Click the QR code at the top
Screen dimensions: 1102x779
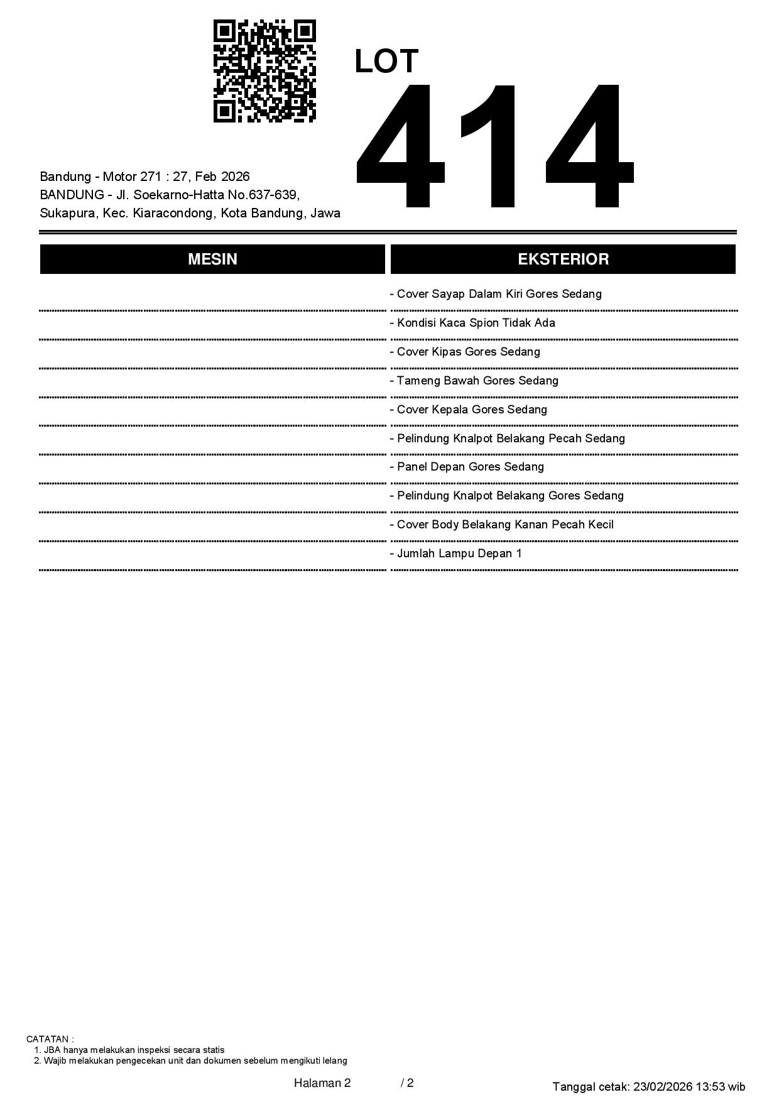[x=264, y=71]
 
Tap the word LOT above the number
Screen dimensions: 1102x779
[x=386, y=62]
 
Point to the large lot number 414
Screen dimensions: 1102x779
[x=494, y=146]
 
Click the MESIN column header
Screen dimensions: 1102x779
[x=212, y=259]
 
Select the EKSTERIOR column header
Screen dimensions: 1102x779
[x=563, y=259]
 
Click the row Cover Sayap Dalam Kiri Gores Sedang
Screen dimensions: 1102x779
[x=496, y=294]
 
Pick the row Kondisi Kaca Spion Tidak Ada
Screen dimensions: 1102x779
[x=472, y=323]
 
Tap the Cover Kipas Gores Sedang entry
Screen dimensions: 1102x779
[x=465, y=352]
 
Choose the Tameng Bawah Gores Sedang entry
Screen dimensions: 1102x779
[x=474, y=381]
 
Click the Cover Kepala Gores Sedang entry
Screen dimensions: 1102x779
[x=469, y=410]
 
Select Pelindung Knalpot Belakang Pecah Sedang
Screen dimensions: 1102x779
[x=508, y=439]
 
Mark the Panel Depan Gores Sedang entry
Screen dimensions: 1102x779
[x=467, y=467]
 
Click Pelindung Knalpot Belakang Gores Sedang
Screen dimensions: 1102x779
[x=507, y=496]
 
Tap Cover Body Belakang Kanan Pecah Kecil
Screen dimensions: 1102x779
[x=502, y=525]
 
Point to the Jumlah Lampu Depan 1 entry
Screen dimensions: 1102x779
[x=456, y=554]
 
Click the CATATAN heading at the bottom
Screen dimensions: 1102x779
[x=50, y=1039]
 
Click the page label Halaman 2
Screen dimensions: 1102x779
[x=322, y=1083]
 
